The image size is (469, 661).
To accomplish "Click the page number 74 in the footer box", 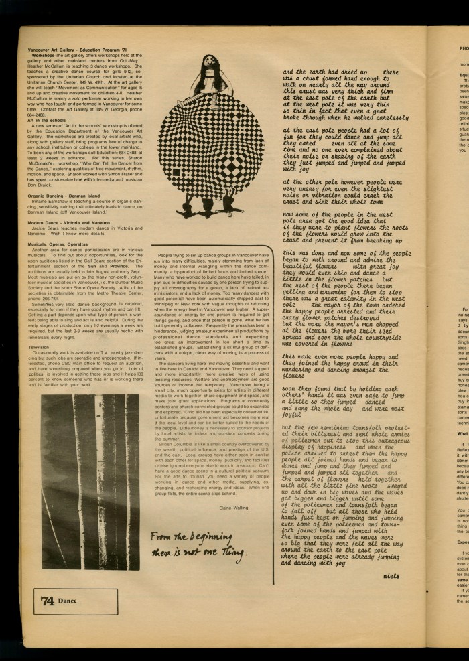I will click(47, 600).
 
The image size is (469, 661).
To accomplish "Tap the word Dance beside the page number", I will click(68, 601).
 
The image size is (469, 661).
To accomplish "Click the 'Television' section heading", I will click(39, 348).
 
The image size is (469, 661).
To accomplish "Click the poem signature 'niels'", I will click(393, 576).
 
